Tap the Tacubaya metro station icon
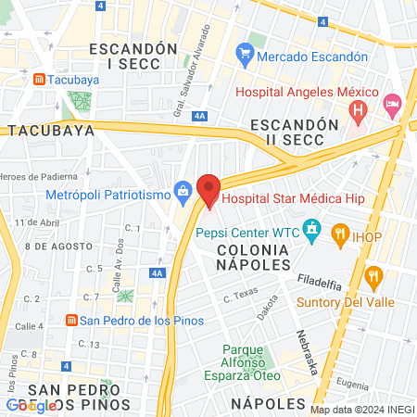[x=40, y=80]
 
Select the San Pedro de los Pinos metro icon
[x=70, y=321]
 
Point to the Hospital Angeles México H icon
[x=358, y=112]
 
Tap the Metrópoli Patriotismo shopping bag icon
[x=183, y=194]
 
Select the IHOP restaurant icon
[x=340, y=236]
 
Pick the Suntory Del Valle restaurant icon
[x=373, y=275]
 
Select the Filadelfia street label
[x=321, y=279]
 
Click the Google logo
[x=31, y=405]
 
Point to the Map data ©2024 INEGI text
[x=362, y=410]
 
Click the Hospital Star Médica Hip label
[x=293, y=198]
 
